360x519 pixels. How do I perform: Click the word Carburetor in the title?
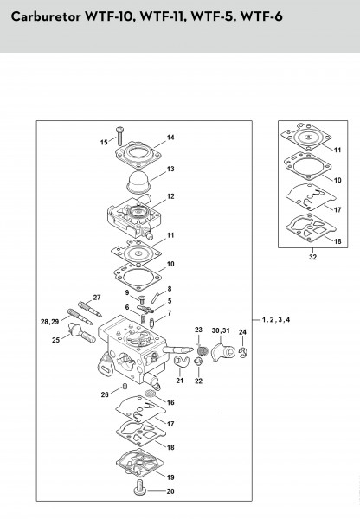coord(45,16)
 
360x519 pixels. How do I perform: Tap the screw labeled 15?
coord(119,136)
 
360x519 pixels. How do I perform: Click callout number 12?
coord(170,196)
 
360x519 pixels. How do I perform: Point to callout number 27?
coord(97,298)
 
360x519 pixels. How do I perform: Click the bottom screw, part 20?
coord(140,487)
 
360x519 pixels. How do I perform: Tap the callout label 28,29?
coord(49,322)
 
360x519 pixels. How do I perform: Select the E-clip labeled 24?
coord(243,353)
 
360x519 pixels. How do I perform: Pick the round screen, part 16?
coord(150,394)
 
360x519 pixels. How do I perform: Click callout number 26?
coord(105,394)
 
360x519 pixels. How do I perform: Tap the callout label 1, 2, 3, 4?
coord(275,320)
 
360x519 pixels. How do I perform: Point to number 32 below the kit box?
coord(312,257)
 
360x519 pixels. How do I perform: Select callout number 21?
coord(179,381)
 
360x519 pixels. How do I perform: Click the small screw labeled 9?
coord(142,299)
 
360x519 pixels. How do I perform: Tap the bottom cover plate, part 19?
coord(140,461)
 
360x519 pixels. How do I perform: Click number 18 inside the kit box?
coord(337,241)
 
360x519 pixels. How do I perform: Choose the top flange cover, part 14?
coord(138,155)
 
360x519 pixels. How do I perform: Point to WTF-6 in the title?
coord(261,16)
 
